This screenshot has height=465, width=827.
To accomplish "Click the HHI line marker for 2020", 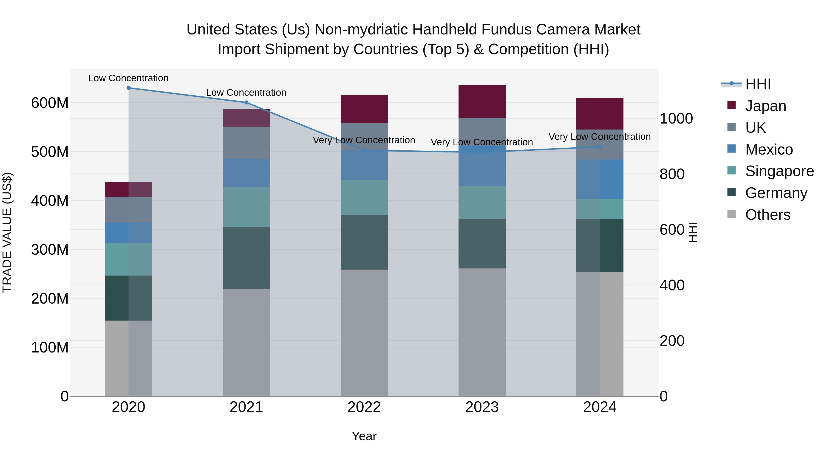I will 128,88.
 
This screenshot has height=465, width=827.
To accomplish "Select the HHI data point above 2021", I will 246,103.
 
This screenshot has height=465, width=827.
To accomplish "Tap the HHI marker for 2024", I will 600,147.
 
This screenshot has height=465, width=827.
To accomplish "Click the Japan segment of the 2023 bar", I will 482,101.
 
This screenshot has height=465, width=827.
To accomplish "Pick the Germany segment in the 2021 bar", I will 246,258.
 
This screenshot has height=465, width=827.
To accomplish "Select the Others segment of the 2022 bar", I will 364,333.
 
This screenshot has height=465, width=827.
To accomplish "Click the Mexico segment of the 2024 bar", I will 600,179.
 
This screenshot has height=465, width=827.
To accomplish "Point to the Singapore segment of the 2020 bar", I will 128,259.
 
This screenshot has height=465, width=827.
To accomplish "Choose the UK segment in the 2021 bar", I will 246,143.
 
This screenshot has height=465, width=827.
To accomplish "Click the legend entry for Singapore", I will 779,171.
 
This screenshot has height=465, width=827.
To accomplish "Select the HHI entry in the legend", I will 758,84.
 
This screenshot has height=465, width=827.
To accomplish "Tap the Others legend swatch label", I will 767,215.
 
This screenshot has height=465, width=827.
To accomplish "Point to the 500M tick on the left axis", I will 50,152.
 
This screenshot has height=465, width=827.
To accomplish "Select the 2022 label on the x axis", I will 364,407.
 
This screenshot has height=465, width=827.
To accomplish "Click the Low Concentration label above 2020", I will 128,78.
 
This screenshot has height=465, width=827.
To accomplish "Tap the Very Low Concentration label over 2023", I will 481,142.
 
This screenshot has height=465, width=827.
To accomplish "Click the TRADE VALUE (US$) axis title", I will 7,232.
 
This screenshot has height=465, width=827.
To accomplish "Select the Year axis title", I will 364,436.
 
